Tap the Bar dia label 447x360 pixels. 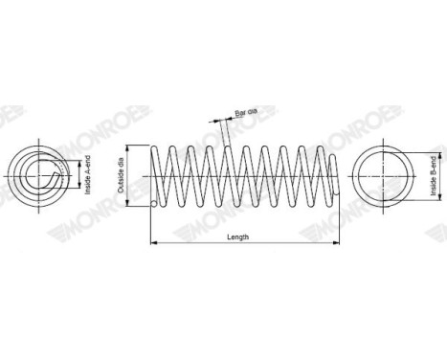(246, 113)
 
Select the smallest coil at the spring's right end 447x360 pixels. (329, 175)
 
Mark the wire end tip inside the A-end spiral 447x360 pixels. (48, 175)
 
